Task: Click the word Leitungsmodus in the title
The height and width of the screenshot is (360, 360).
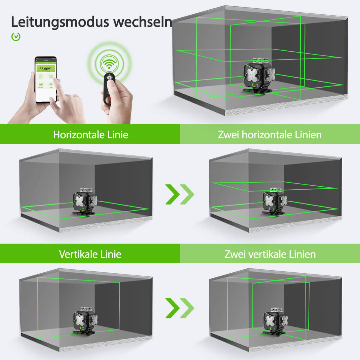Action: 60,22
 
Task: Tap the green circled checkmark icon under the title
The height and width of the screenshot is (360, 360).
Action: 16,37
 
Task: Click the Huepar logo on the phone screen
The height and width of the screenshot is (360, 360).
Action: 46,68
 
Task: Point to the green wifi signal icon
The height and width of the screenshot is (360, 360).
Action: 109,63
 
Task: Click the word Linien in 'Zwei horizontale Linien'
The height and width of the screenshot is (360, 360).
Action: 308,135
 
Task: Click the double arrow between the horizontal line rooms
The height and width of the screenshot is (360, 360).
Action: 180,194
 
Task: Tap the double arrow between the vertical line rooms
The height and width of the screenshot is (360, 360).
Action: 180,308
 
